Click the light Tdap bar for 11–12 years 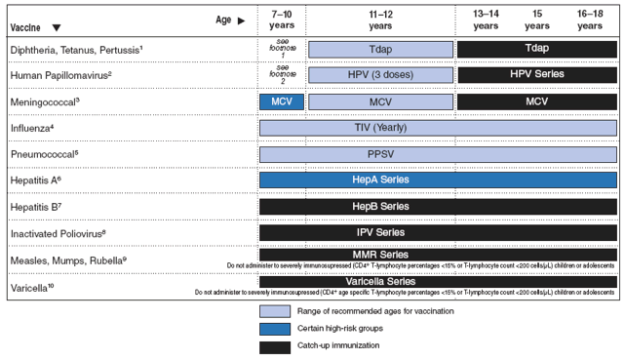[380, 49]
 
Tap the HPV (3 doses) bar [380, 75]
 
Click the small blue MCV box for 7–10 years [280, 101]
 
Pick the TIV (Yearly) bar [438, 128]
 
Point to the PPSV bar [438, 154]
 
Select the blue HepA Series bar [438, 180]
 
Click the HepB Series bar [438, 207]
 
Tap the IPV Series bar [438, 232]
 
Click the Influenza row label [32, 128]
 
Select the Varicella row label [32, 287]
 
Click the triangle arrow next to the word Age [241, 20]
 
